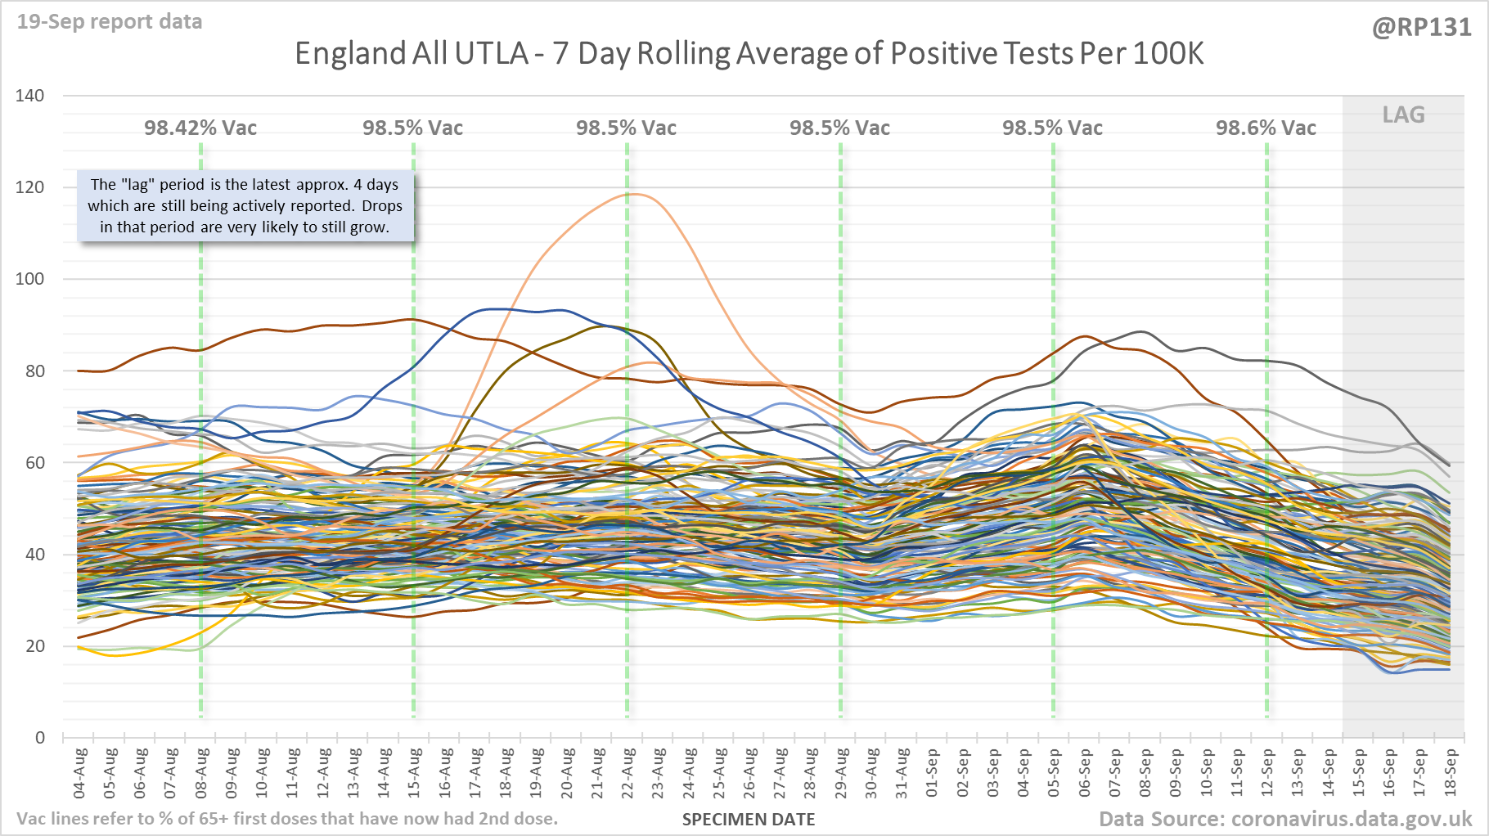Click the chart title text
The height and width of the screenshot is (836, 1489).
tap(749, 54)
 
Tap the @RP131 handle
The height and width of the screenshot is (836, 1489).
tap(1421, 28)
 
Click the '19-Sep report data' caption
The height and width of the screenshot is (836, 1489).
tap(110, 22)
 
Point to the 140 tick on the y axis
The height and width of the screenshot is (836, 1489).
tap(30, 96)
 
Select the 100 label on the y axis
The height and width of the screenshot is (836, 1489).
tap(30, 279)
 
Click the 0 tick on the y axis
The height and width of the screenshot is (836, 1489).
tap(39, 738)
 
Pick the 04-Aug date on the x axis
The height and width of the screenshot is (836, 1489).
tap(80, 773)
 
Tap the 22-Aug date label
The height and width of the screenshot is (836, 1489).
tap(628, 773)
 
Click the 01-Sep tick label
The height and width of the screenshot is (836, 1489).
tap(933, 773)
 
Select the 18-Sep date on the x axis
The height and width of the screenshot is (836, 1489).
tap(1451, 773)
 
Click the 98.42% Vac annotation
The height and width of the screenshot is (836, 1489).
tap(200, 128)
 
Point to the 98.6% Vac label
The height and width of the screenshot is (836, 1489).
tap(1266, 128)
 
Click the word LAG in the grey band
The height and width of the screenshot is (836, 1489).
tap(1403, 115)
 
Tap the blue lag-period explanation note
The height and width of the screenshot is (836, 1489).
tap(245, 206)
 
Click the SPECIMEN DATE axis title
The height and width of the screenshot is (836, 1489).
tap(749, 820)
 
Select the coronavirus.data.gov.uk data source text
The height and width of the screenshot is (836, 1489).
tap(1285, 819)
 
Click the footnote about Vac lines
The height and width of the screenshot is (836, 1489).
tap(287, 819)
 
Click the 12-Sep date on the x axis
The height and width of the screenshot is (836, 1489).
tap(1267, 773)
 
